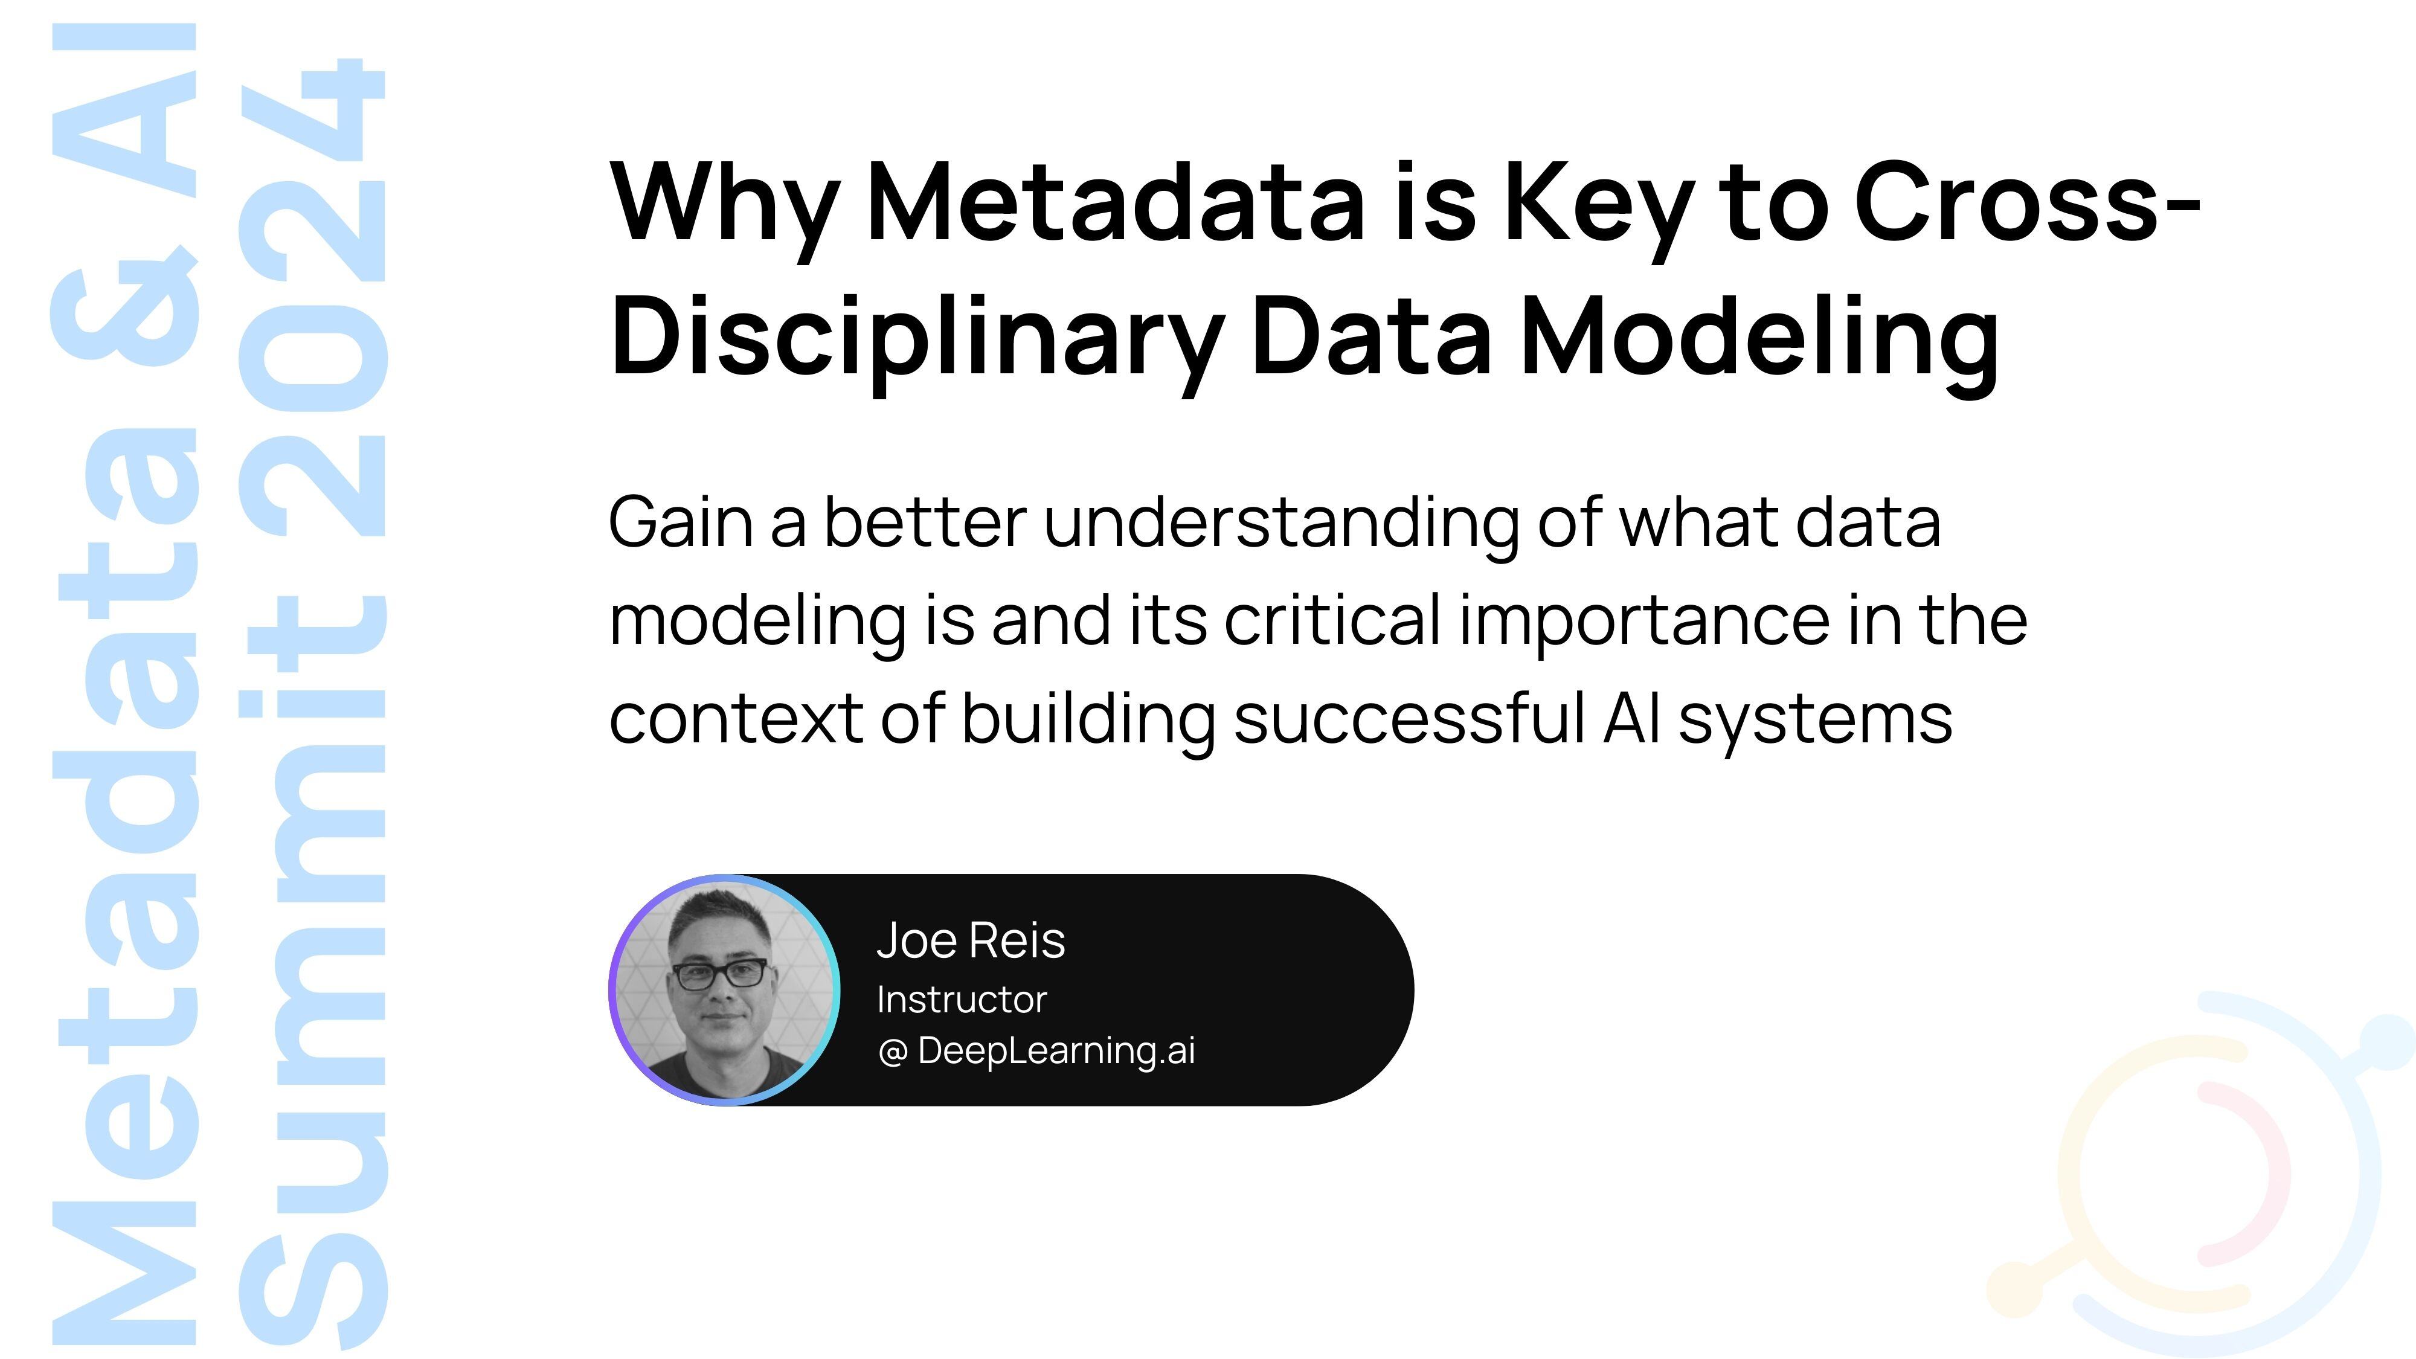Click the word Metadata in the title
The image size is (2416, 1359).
[x=1115, y=202]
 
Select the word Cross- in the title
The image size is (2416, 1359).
[x=2026, y=202]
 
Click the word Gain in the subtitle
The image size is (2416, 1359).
[x=680, y=522]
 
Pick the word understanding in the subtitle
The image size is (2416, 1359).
[x=1280, y=522]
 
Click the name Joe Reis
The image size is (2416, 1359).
[x=971, y=940]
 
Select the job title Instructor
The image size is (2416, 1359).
[x=962, y=1000]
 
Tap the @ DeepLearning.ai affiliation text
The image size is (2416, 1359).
[x=1036, y=1050]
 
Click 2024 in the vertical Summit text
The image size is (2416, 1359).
[x=314, y=300]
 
